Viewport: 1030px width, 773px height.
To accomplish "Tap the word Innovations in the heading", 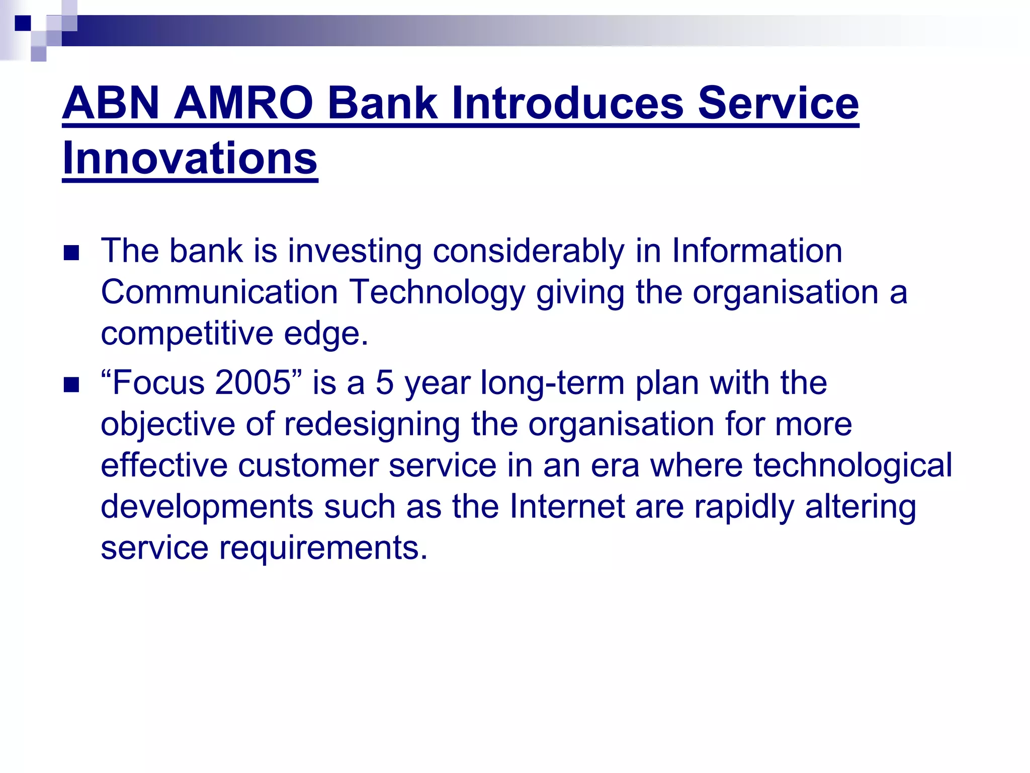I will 190,158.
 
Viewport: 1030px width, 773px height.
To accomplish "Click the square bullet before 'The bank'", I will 71,253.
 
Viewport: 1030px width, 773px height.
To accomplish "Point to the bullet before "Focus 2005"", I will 71,385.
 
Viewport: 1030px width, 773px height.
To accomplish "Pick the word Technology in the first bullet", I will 437,292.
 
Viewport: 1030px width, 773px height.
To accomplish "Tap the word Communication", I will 219,292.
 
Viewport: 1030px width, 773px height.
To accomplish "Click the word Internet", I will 567,506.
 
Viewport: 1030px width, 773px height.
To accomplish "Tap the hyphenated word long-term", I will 552,383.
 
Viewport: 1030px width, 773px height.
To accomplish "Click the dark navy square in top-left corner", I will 23,23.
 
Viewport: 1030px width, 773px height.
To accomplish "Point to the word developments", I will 207,506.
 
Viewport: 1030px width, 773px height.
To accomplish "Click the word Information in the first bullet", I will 756,251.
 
